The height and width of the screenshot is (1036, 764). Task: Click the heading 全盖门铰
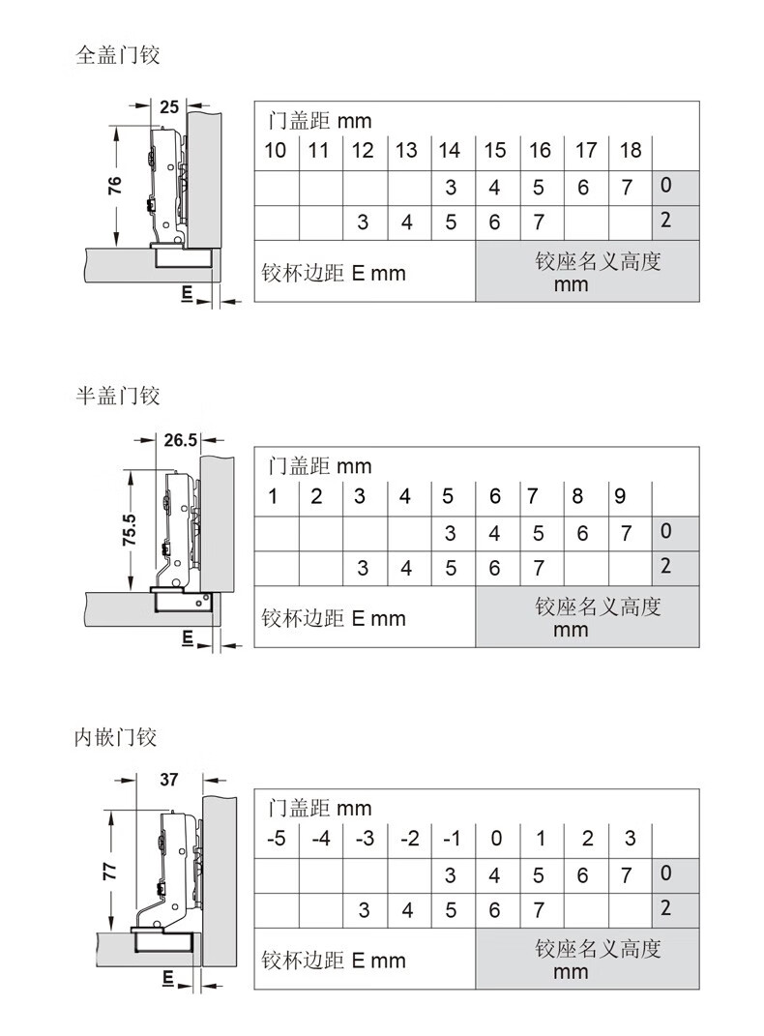[118, 54]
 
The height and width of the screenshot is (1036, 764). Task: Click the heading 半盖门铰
[118, 395]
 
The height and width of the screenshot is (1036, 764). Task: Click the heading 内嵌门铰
[115, 737]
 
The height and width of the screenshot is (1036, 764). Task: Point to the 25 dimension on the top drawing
[169, 106]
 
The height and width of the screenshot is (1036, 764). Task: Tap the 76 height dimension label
[115, 185]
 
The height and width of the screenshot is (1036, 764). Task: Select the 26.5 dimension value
[180, 439]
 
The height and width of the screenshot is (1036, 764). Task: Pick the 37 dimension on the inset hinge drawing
[169, 780]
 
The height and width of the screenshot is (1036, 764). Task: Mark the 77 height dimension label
[109, 871]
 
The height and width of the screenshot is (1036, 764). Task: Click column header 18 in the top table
[631, 151]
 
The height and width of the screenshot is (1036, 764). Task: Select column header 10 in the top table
[276, 151]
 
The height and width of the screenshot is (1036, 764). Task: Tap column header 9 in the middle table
[620, 496]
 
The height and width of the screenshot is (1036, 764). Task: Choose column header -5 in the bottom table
[277, 839]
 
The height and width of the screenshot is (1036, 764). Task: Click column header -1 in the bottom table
[453, 839]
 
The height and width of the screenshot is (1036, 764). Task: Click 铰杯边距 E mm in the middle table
[334, 618]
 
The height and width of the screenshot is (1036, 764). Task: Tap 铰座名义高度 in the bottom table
[598, 949]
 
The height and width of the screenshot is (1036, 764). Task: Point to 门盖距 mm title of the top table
[319, 121]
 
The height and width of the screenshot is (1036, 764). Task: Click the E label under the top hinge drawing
[187, 294]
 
